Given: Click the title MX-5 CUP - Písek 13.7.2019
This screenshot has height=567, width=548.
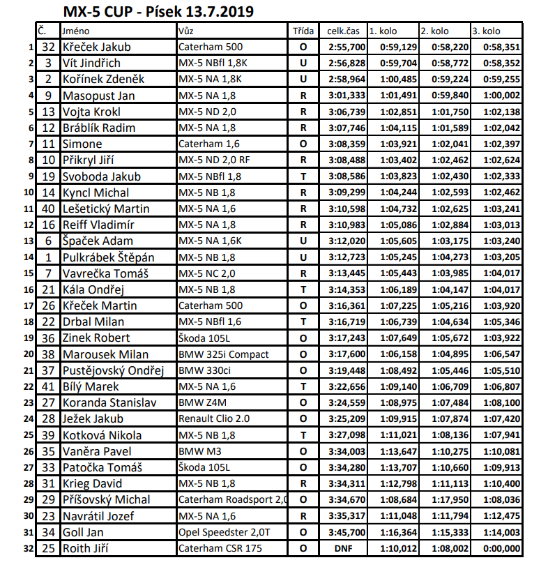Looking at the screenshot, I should (158, 12).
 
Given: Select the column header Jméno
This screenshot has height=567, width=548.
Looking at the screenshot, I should (76, 31).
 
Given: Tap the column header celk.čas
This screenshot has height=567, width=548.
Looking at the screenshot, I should (343, 31).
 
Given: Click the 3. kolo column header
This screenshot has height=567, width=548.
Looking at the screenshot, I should (487, 31).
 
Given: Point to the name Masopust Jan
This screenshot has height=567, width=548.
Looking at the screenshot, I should (98, 96).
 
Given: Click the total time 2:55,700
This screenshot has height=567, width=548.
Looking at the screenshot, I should (347, 47).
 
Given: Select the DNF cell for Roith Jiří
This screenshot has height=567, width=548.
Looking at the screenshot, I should (344, 548).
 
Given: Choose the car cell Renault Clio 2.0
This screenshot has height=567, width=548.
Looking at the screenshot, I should (215, 419).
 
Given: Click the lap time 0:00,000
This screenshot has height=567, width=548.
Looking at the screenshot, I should (502, 548).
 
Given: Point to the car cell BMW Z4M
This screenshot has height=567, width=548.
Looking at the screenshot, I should (202, 402).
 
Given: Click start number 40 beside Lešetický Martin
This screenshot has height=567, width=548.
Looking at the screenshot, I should (48, 209).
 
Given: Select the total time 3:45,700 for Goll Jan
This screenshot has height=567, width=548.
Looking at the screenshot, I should (347, 532).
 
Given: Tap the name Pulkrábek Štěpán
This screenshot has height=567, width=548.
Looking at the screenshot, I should (108, 257).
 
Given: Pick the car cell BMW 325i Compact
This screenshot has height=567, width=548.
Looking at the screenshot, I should (223, 354).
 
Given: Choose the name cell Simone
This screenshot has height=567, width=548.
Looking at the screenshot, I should (82, 144).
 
